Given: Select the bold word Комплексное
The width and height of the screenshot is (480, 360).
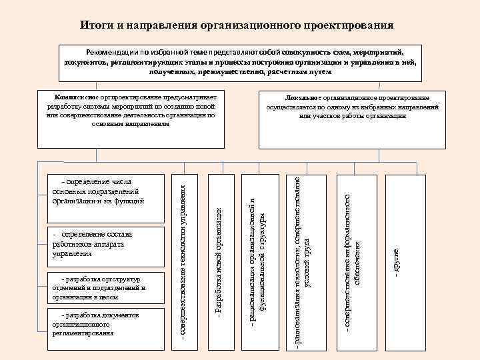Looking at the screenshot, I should tap(73, 97).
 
